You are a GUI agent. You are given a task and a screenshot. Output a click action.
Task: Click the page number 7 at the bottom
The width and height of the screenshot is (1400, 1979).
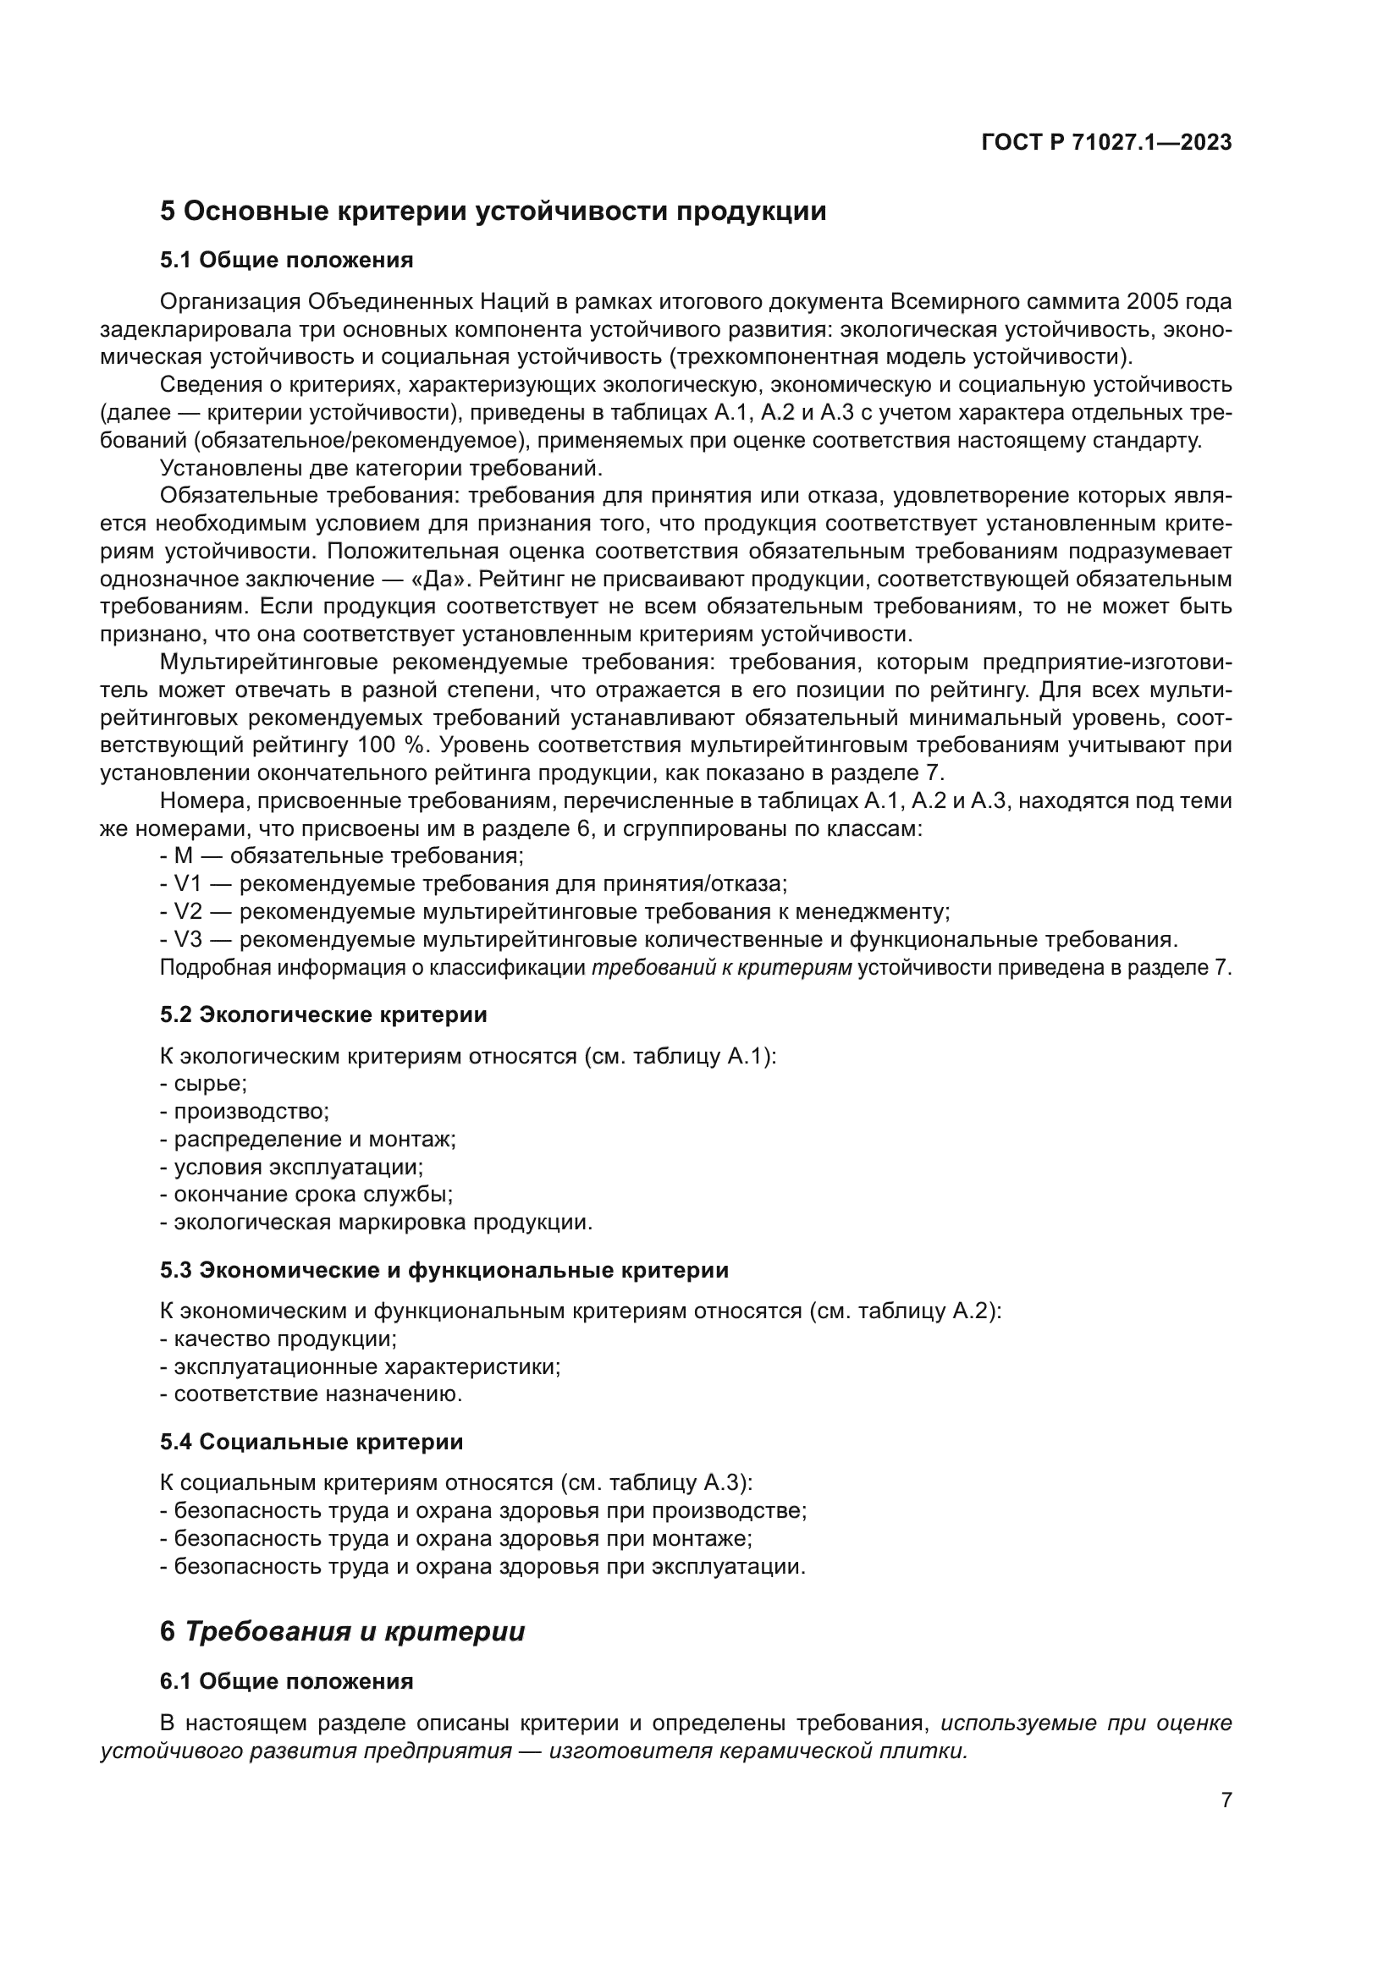pyautogui.click(x=1226, y=1800)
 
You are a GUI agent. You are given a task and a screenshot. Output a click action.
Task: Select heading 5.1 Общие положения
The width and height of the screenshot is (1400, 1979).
pyautogui.click(x=286, y=260)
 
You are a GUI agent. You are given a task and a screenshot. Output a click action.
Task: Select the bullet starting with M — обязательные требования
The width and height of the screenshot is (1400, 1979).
pyautogui.click(x=342, y=856)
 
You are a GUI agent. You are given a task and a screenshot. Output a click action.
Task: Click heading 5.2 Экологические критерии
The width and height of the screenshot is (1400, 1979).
pyautogui.click(x=323, y=1014)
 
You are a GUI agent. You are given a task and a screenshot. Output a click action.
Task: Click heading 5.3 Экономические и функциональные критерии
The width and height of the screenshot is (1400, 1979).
pyautogui.click(x=444, y=1270)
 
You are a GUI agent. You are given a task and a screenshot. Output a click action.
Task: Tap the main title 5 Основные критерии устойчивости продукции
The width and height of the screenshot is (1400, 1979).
pyautogui.click(x=493, y=212)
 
